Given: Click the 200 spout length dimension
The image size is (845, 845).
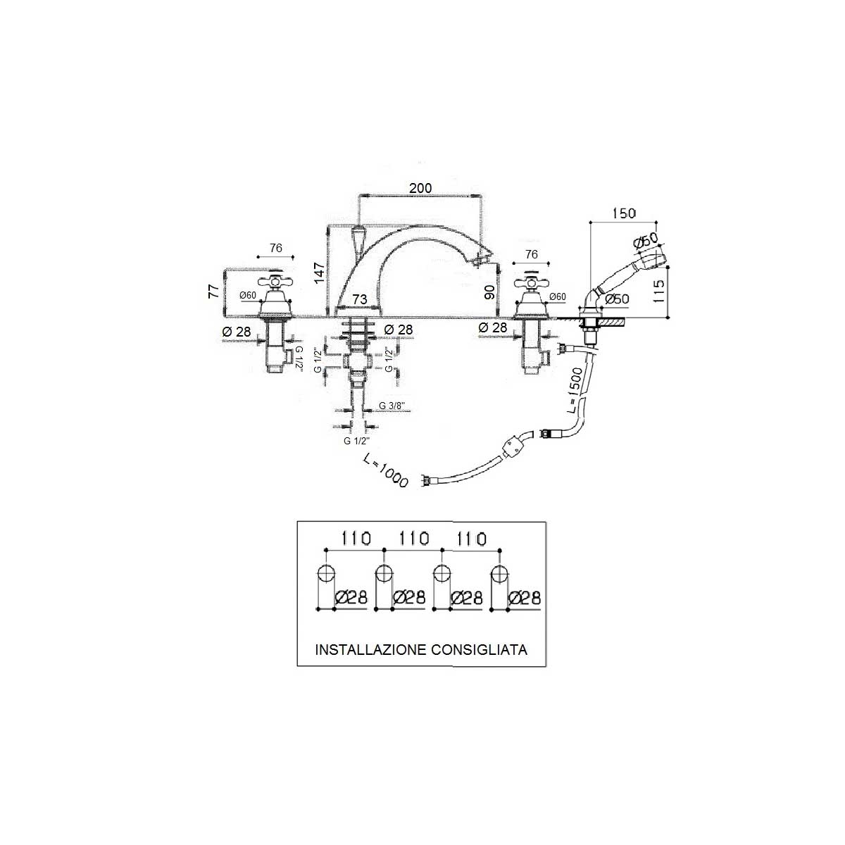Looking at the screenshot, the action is (x=420, y=188).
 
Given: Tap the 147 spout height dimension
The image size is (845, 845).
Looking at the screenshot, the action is (x=320, y=273).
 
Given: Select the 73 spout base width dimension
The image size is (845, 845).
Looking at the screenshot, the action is (x=360, y=299).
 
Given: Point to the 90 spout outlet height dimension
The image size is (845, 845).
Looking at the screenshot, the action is (x=490, y=292).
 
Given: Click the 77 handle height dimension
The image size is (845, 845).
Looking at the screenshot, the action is (x=213, y=291).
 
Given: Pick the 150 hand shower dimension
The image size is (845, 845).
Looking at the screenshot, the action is (x=624, y=213).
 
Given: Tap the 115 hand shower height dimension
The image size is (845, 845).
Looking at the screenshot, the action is (x=658, y=291).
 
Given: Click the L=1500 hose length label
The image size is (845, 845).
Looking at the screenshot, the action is (x=575, y=391).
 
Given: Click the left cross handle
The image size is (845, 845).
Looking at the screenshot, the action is (x=276, y=282).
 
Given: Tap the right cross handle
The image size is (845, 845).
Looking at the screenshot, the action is (x=531, y=282).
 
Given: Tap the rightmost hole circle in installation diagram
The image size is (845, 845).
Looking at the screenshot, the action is (x=499, y=574).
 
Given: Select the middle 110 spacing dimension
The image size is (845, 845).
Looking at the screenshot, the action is (x=414, y=538).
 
